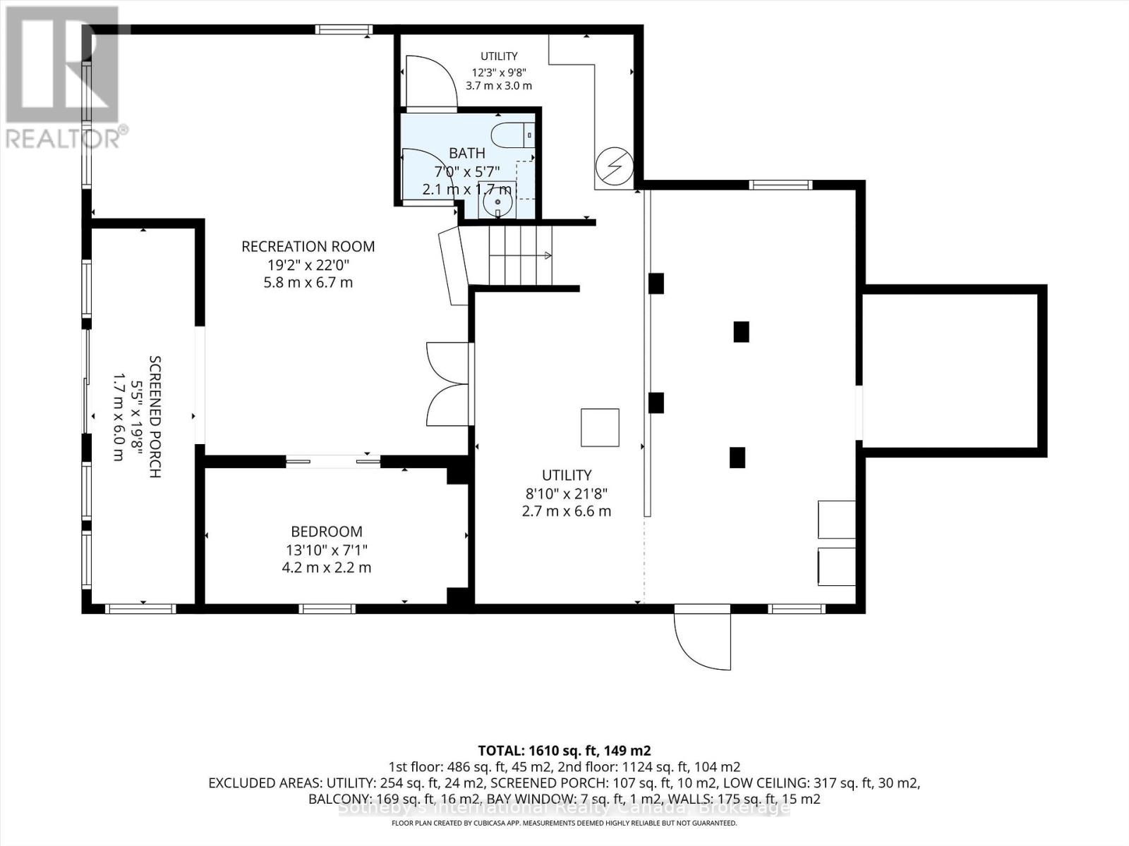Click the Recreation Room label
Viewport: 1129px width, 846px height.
click(308, 247)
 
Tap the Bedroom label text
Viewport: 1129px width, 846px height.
click(327, 531)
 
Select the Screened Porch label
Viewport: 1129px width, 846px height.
click(155, 417)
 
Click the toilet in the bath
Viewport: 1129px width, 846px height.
click(512, 136)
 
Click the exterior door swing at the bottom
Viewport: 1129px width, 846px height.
click(703, 637)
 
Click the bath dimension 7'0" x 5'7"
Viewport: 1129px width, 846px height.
click(467, 171)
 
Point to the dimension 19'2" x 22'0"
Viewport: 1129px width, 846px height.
click(308, 265)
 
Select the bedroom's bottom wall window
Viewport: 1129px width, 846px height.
click(327, 608)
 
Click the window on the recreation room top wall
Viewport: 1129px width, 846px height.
click(344, 30)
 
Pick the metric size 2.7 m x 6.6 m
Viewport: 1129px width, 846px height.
click(567, 512)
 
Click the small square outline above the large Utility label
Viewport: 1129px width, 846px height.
click(600, 427)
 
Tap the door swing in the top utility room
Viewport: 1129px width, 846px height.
click(430, 82)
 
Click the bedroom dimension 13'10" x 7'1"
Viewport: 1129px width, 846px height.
click(327, 550)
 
